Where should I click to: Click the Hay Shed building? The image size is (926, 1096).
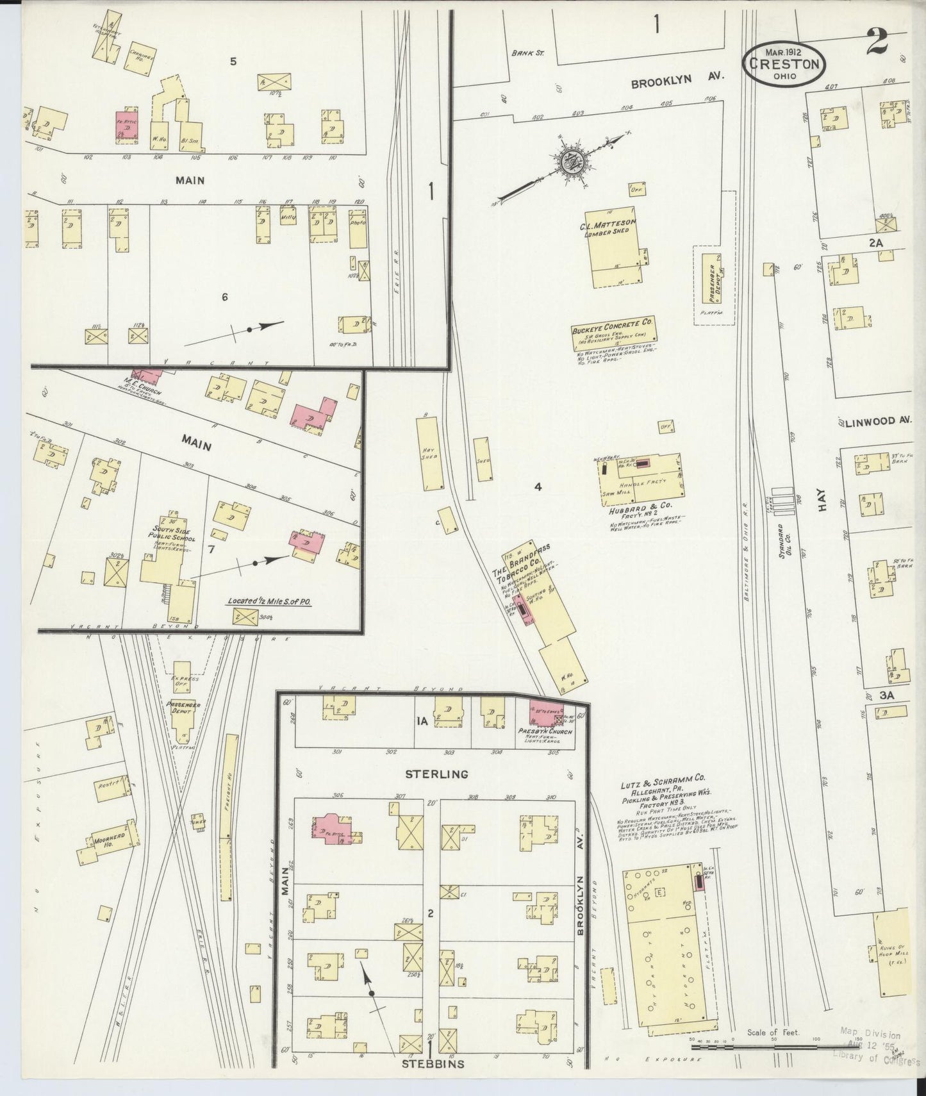tap(431, 453)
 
